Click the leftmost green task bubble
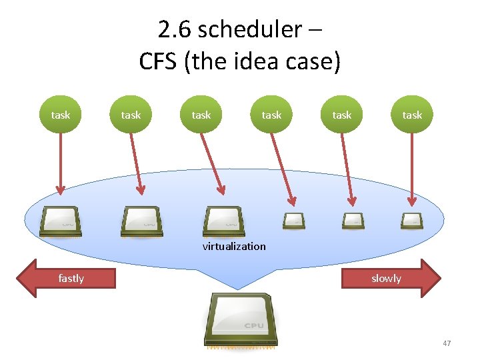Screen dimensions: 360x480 60,115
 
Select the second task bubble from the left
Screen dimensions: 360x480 131,115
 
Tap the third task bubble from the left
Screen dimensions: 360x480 201,115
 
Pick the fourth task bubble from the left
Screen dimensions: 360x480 271,115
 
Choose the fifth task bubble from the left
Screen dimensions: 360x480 341,115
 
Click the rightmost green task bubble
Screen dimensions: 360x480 412,115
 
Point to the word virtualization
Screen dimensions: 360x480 234,246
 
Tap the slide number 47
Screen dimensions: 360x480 447,343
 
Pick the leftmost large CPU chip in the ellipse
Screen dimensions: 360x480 61,221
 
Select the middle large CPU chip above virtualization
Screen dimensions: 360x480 224,221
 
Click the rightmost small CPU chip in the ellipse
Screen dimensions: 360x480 411,219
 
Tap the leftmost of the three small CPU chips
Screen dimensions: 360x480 293,219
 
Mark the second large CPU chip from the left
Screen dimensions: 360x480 141,221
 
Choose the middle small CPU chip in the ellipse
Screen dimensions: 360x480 353,219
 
